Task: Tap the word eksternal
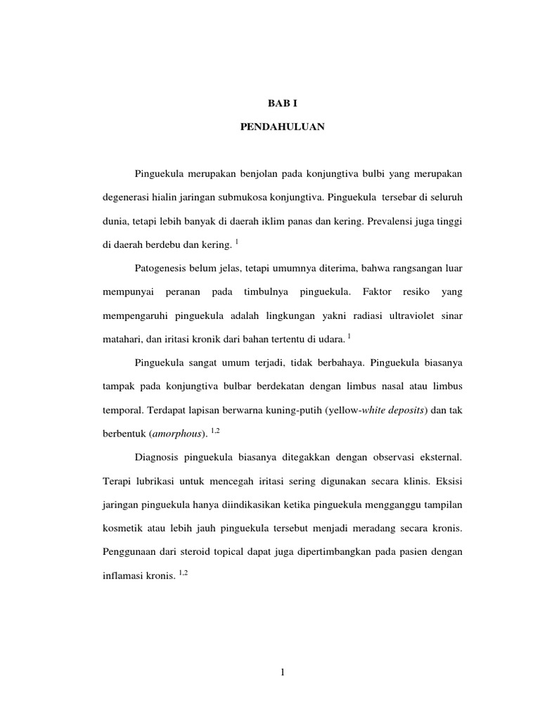click(437, 458)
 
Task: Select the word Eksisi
click(450, 482)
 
